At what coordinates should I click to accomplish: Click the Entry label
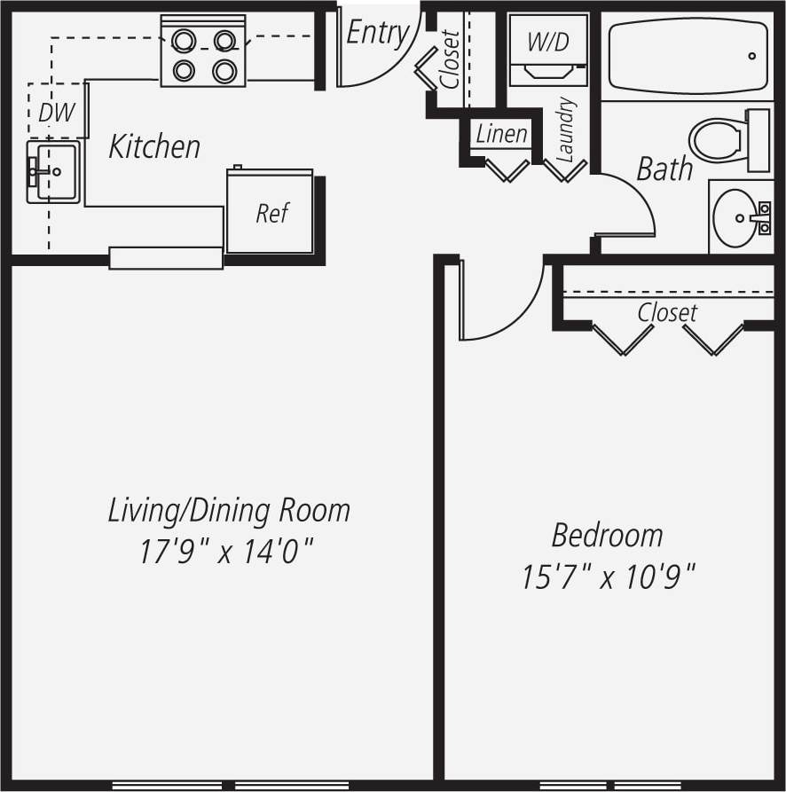tap(377, 33)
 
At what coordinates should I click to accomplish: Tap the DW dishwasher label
tap(56, 112)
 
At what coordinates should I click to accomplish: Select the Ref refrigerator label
tap(272, 213)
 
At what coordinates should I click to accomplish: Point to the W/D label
tap(547, 42)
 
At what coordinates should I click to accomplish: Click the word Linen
tap(502, 135)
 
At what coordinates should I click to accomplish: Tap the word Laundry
tap(566, 129)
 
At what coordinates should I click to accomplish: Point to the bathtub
tap(688, 55)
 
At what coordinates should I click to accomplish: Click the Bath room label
tap(664, 169)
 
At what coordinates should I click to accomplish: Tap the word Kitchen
tap(154, 146)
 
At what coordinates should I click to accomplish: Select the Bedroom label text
tap(607, 536)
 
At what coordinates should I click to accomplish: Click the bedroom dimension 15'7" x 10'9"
tap(607, 578)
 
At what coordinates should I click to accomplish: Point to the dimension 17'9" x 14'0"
tap(228, 553)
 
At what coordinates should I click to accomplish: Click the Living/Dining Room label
tap(229, 511)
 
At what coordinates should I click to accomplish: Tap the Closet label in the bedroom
tap(667, 313)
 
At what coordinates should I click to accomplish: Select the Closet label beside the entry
tap(450, 59)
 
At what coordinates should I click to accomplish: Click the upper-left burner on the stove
tap(184, 40)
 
